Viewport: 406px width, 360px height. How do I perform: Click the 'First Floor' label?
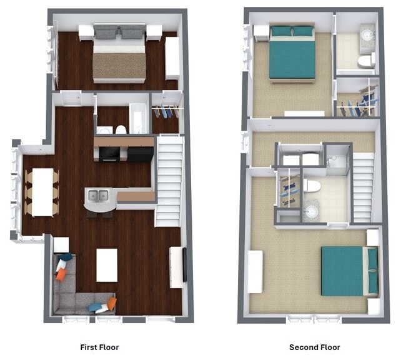[99, 347]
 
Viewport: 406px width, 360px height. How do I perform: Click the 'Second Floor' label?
[314, 347]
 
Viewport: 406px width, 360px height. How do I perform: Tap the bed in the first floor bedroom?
[119, 56]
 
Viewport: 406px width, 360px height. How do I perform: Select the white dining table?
[42, 192]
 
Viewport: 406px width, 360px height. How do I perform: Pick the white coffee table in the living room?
[107, 264]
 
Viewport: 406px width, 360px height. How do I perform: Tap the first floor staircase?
[169, 181]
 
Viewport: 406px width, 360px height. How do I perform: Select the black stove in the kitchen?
[110, 153]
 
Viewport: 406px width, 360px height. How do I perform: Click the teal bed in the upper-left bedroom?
[292, 52]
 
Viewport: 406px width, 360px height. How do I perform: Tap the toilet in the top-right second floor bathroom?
[366, 60]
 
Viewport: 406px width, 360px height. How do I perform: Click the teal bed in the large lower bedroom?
[349, 271]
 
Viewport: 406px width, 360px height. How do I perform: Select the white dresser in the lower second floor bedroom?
[255, 271]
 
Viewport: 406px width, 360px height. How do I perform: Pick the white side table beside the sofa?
[61, 244]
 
